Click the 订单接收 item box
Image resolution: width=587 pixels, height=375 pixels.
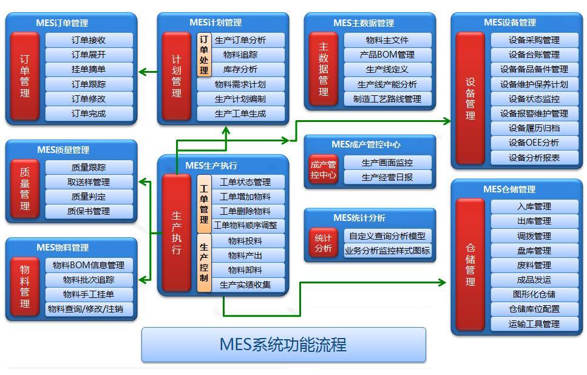[x=89, y=41]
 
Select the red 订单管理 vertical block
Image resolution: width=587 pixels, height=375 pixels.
[x=25, y=76]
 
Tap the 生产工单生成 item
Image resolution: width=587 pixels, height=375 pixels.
[x=240, y=113]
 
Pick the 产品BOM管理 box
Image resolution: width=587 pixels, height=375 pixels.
[x=387, y=55]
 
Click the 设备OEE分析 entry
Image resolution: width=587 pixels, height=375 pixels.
[x=534, y=143]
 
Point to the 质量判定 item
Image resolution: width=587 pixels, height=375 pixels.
[x=89, y=197]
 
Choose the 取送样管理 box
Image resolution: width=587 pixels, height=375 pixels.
[x=89, y=182]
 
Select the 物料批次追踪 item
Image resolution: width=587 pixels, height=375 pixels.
[x=89, y=280]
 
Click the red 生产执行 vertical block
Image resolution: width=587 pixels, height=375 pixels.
[x=177, y=233]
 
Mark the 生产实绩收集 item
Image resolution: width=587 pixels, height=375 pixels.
[x=245, y=285]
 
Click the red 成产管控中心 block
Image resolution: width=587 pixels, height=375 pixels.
[x=323, y=170]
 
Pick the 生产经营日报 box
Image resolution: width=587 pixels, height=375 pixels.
[x=387, y=177]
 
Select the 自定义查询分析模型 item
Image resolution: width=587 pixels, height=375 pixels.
[x=387, y=236]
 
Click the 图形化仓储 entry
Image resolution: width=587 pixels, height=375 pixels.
[x=534, y=294]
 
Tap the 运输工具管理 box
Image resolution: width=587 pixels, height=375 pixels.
[x=534, y=324]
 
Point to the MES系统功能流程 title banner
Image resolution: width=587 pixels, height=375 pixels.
[x=283, y=345]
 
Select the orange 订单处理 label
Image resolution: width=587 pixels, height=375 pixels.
[x=205, y=55]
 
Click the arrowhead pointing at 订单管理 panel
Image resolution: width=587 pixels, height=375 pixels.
[x=142, y=72]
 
